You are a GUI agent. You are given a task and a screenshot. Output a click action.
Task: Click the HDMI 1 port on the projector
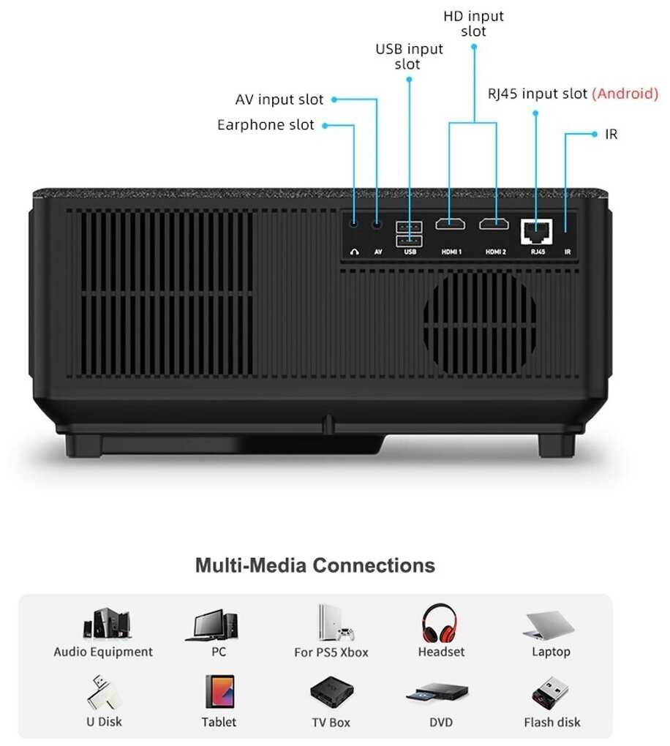point(450,224)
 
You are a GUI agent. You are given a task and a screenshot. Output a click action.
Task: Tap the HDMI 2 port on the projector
point(494,224)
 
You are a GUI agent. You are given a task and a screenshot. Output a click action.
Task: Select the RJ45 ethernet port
point(536,230)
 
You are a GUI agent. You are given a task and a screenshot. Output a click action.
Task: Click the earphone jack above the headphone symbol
point(355,225)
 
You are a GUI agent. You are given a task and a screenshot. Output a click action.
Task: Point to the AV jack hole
point(377,225)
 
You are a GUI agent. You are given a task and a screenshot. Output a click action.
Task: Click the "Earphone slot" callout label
point(266,125)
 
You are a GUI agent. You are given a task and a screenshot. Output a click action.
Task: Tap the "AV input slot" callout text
point(279,99)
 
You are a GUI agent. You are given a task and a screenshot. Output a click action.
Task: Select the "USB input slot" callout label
point(409,56)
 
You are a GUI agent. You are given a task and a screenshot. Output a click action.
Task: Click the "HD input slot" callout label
point(474,23)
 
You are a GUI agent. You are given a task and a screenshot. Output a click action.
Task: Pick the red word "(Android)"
point(625,94)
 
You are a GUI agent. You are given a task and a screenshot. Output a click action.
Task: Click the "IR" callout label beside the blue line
point(611,135)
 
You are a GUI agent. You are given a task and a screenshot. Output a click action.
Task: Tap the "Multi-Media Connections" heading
point(315,565)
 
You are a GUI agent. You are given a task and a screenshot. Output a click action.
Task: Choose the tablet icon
point(219,691)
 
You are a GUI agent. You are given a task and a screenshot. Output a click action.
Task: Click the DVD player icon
point(440,693)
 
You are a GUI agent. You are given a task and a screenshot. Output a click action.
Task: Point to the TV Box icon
point(331,692)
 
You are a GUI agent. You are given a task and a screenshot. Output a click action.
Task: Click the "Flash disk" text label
point(552,723)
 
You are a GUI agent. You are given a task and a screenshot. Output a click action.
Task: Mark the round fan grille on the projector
point(480,320)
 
